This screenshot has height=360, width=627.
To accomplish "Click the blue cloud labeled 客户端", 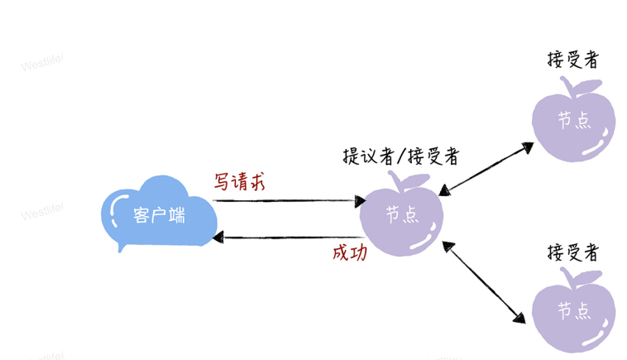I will (160, 214).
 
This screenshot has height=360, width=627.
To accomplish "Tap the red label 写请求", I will (240, 180).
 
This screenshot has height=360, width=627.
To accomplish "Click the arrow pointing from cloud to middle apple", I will (290, 200).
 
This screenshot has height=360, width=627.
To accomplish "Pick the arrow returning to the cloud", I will (290, 238).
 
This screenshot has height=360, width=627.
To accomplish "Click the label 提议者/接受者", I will (400, 156).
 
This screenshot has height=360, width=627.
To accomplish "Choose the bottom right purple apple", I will (573, 312).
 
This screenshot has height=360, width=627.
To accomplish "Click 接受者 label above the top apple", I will (573, 60).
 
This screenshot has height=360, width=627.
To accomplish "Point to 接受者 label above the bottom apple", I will (573, 251).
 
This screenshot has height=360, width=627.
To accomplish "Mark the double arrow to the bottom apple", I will (484, 281).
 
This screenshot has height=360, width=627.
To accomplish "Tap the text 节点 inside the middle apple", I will (402, 214).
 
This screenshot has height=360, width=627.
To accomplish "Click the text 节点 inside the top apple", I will (574, 120).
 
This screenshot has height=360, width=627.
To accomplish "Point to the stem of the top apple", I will (567, 85).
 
